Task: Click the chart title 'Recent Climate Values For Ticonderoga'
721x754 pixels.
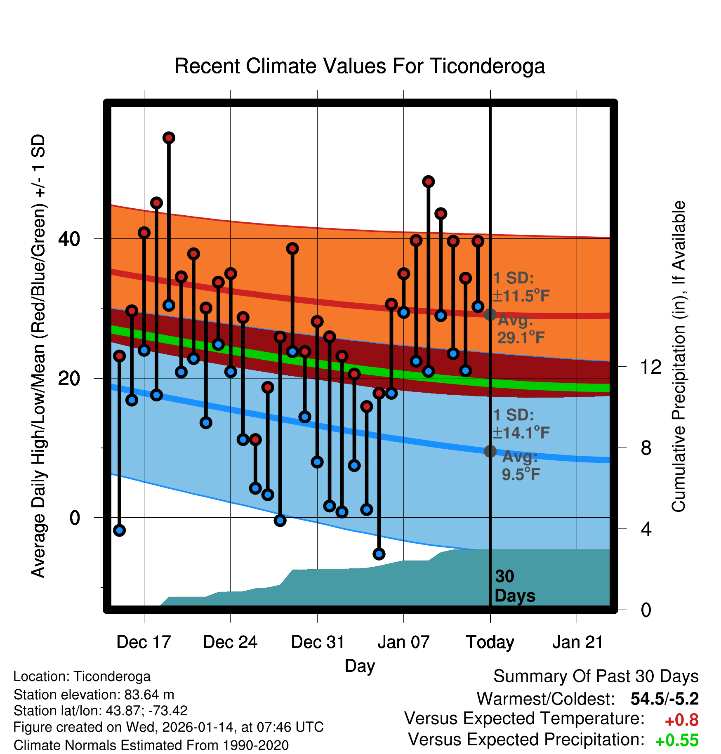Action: coord(360,66)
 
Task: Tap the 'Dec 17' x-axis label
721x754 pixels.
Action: coord(144,642)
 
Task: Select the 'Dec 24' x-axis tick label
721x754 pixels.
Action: coord(230,642)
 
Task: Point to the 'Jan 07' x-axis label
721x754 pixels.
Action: coord(403,642)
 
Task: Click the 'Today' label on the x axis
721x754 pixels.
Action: coord(490,642)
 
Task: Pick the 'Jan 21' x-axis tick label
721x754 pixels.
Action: coord(577,642)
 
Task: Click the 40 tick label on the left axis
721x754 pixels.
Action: coord(69,239)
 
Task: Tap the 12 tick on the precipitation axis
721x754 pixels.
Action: coord(651,367)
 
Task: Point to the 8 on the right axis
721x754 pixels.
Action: coord(646,448)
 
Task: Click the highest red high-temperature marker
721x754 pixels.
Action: coord(169,138)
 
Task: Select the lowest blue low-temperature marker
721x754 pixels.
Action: coord(379,554)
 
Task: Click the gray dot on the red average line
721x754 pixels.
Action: coord(490,315)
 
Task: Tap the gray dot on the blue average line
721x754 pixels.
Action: coord(490,451)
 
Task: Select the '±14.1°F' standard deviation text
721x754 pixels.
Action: coord(521,433)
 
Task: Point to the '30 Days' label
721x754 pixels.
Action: coord(514,586)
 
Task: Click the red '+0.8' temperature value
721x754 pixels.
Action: coord(681,720)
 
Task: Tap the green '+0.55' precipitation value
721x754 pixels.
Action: coord(676,740)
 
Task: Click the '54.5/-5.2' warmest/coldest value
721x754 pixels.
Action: coord(664,699)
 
